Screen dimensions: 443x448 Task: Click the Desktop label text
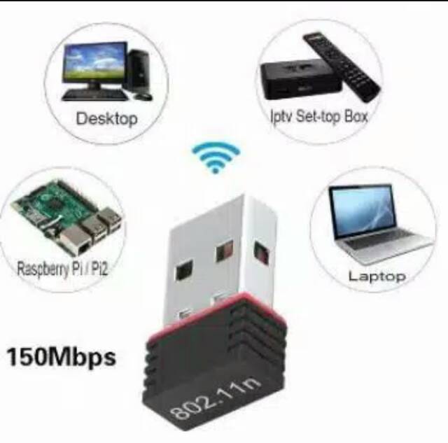106,118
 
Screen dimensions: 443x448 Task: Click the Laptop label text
377,276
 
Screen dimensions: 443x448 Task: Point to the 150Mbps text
61,358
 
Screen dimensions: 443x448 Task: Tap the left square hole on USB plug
184,269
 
